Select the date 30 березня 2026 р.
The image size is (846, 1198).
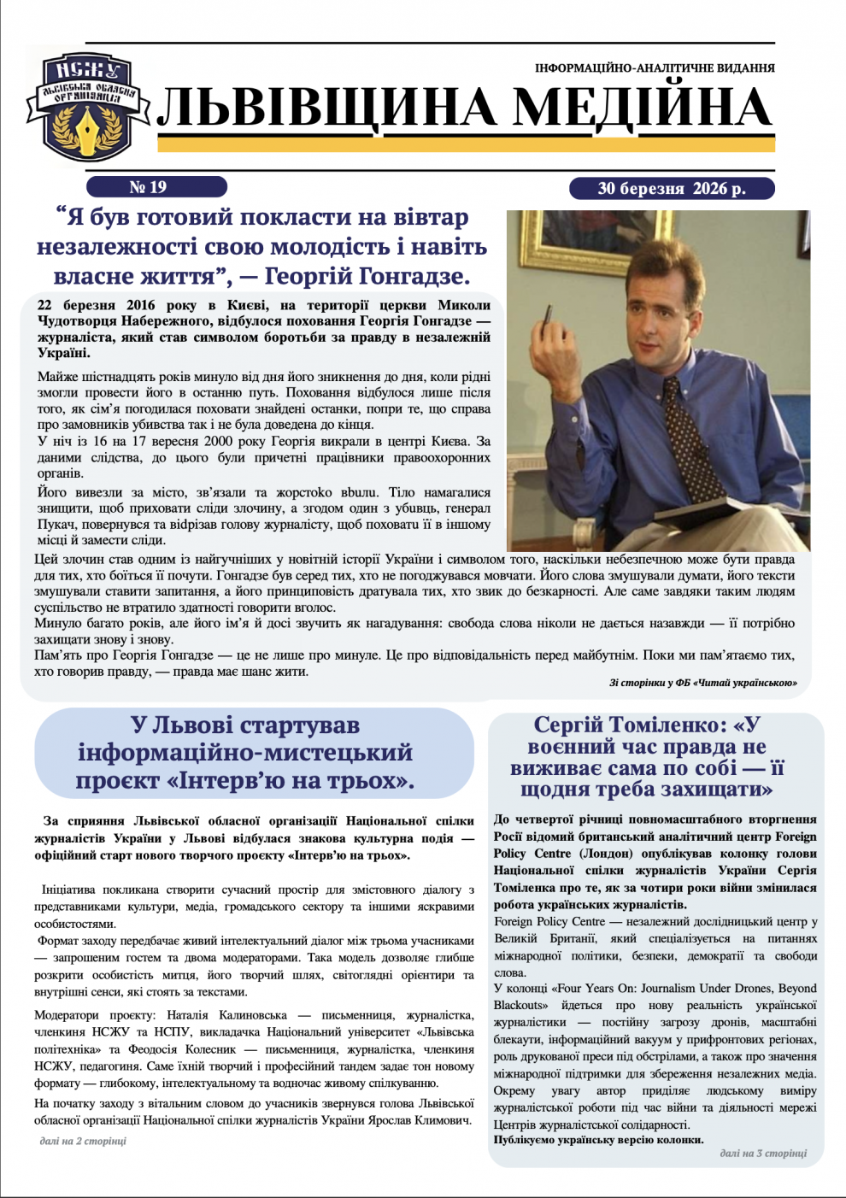[671, 189]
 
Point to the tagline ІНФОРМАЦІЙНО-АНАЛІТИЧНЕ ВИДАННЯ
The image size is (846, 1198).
[655, 68]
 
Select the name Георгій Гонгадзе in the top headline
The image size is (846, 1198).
[367, 277]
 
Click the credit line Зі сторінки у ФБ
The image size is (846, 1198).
[703, 683]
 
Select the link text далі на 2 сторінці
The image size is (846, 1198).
[83, 1141]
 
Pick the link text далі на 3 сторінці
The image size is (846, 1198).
[763, 1153]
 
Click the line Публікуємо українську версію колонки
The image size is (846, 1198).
[598, 1140]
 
